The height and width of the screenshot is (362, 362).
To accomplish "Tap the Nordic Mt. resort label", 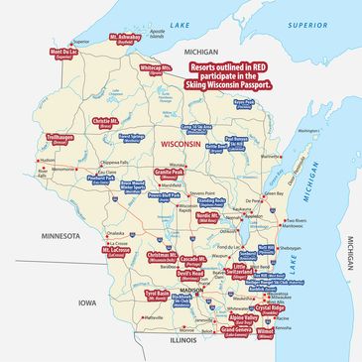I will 208,216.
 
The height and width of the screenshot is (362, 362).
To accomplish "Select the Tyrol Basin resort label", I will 157,296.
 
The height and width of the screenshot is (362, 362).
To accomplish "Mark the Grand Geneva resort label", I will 235,329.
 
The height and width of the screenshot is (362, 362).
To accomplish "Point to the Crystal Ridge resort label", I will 269,308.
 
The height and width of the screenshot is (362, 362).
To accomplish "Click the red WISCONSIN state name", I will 180,145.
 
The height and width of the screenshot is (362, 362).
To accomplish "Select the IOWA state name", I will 88,302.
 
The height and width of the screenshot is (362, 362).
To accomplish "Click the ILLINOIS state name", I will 183,339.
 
